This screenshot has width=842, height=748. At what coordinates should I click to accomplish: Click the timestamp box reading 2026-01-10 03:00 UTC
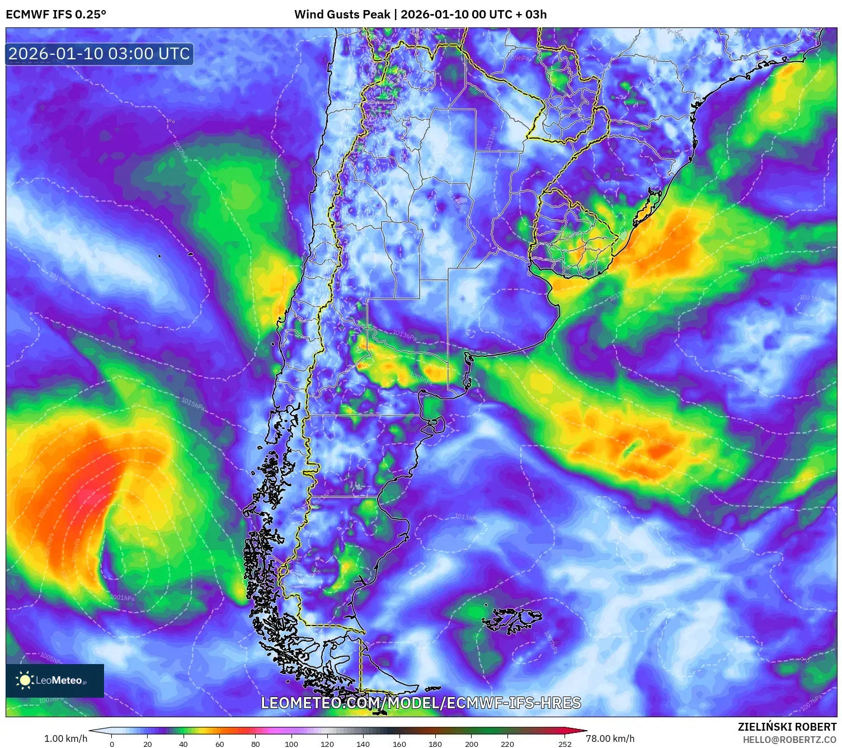tap(99, 54)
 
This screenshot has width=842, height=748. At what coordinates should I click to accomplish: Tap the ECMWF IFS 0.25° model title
tap(56, 15)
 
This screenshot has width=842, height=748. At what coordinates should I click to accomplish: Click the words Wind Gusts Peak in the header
tap(342, 15)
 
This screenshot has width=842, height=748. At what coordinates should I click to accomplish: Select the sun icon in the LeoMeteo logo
tap(25, 680)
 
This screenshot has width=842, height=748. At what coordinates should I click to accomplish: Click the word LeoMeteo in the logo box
tap(59, 680)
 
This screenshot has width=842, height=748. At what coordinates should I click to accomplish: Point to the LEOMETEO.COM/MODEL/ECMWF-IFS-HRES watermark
tap(421, 703)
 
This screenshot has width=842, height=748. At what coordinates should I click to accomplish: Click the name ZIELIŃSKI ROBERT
tap(787, 727)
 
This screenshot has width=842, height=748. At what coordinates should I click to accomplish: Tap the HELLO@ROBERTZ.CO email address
tap(789, 740)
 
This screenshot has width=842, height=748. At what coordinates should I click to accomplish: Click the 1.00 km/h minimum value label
tap(65, 738)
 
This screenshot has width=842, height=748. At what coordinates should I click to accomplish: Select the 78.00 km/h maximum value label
tap(610, 738)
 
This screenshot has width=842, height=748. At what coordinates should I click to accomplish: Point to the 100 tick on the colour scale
tap(291, 744)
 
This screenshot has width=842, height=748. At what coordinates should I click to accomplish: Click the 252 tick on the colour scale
tap(565, 744)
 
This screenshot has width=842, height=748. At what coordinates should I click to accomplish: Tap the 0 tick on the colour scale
tap(112, 744)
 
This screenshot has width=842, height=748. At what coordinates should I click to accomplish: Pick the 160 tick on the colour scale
tap(399, 744)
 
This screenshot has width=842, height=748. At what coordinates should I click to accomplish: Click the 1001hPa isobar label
tap(122, 598)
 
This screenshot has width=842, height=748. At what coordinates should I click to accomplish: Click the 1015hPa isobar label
tap(192, 403)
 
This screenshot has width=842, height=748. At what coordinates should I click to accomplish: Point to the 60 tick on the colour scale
tap(219, 744)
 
